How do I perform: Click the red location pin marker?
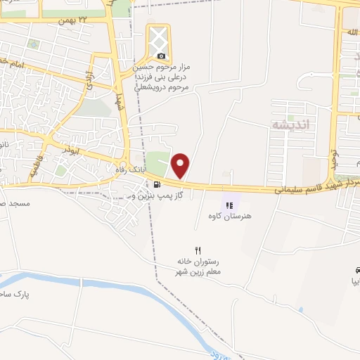tap(181, 165)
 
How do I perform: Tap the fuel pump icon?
tap(156, 184)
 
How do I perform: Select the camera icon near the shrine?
tap(162, 56)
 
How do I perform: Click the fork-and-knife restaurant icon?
tap(198, 250)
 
